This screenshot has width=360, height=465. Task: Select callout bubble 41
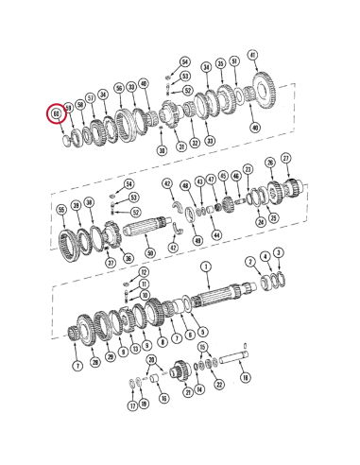251,55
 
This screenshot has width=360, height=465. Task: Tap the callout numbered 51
234,63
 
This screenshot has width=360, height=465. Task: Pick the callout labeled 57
92,97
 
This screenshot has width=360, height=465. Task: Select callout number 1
205,268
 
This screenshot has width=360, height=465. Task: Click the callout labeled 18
246,377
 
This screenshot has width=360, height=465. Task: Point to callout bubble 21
187,392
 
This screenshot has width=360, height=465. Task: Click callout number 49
197,241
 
